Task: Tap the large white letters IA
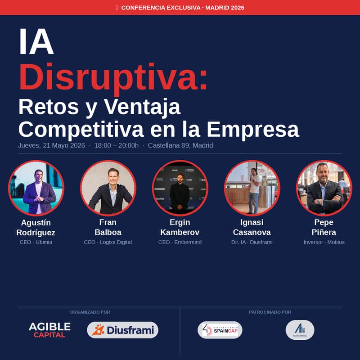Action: (36, 42)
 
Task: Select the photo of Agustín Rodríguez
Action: (36, 187)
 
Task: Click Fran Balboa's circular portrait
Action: (108, 187)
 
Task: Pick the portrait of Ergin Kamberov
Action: (180, 187)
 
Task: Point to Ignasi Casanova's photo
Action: (252, 187)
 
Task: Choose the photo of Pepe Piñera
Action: (324, 187)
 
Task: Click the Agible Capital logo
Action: (49, 330)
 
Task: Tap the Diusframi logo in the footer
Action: (122, 330)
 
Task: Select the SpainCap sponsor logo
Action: (220, 330)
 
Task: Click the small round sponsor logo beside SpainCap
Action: (300, 330)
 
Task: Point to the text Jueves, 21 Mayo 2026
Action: (51, 145)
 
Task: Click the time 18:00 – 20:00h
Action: (117, 145)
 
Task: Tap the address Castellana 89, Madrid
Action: (180, 145)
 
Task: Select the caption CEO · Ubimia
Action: (36, 242)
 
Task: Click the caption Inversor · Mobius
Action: (324, 242)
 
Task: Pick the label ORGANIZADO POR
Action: (90, 312)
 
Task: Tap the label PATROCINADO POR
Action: (270, 312)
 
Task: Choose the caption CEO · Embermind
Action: (180, 242)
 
